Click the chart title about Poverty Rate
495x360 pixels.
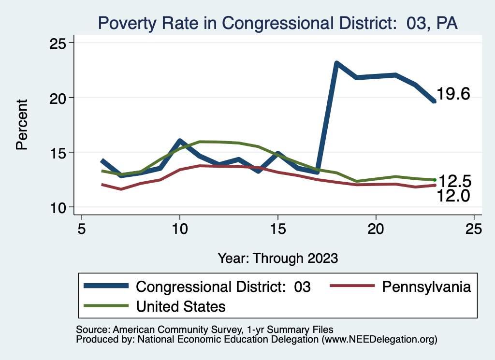point(277,22)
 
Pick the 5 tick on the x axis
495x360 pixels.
point(82,229)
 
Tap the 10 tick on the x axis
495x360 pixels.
point(180,229)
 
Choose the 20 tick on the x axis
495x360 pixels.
point(376,229)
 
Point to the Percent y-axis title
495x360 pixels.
point(22,125)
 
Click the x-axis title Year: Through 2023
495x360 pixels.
point(277,258)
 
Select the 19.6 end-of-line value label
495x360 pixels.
point(453,94)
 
